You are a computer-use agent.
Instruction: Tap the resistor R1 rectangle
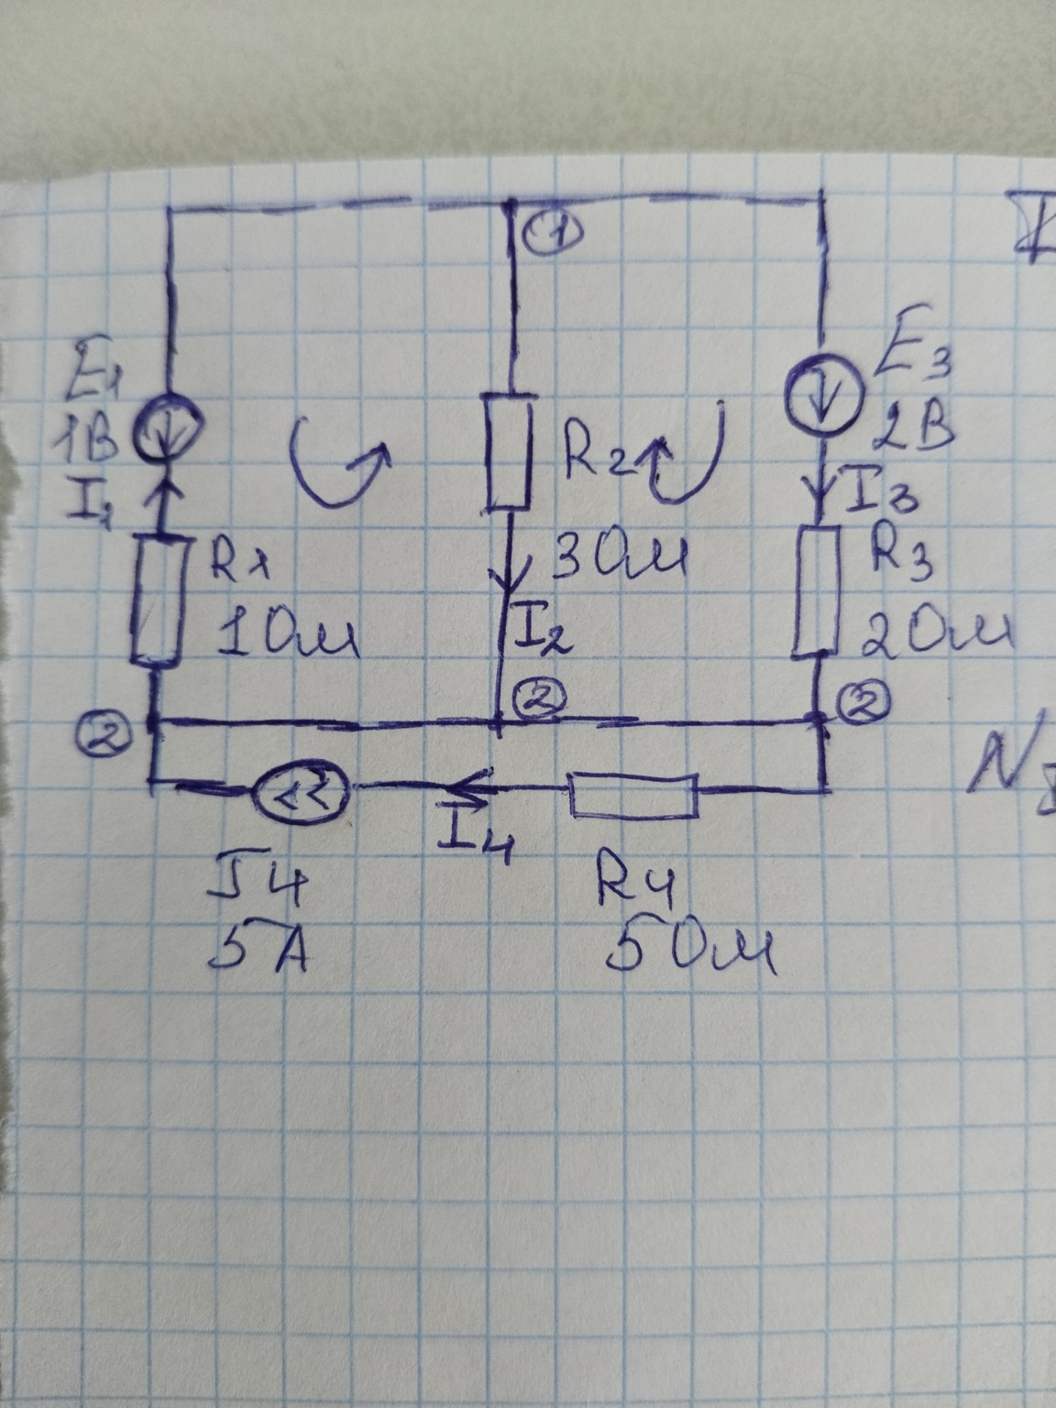tap(155, 600)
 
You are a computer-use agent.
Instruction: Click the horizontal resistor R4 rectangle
tap(634, 794)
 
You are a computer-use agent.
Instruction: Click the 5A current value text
tap(260, 955)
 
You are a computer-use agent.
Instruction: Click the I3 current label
tap(880, 498)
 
